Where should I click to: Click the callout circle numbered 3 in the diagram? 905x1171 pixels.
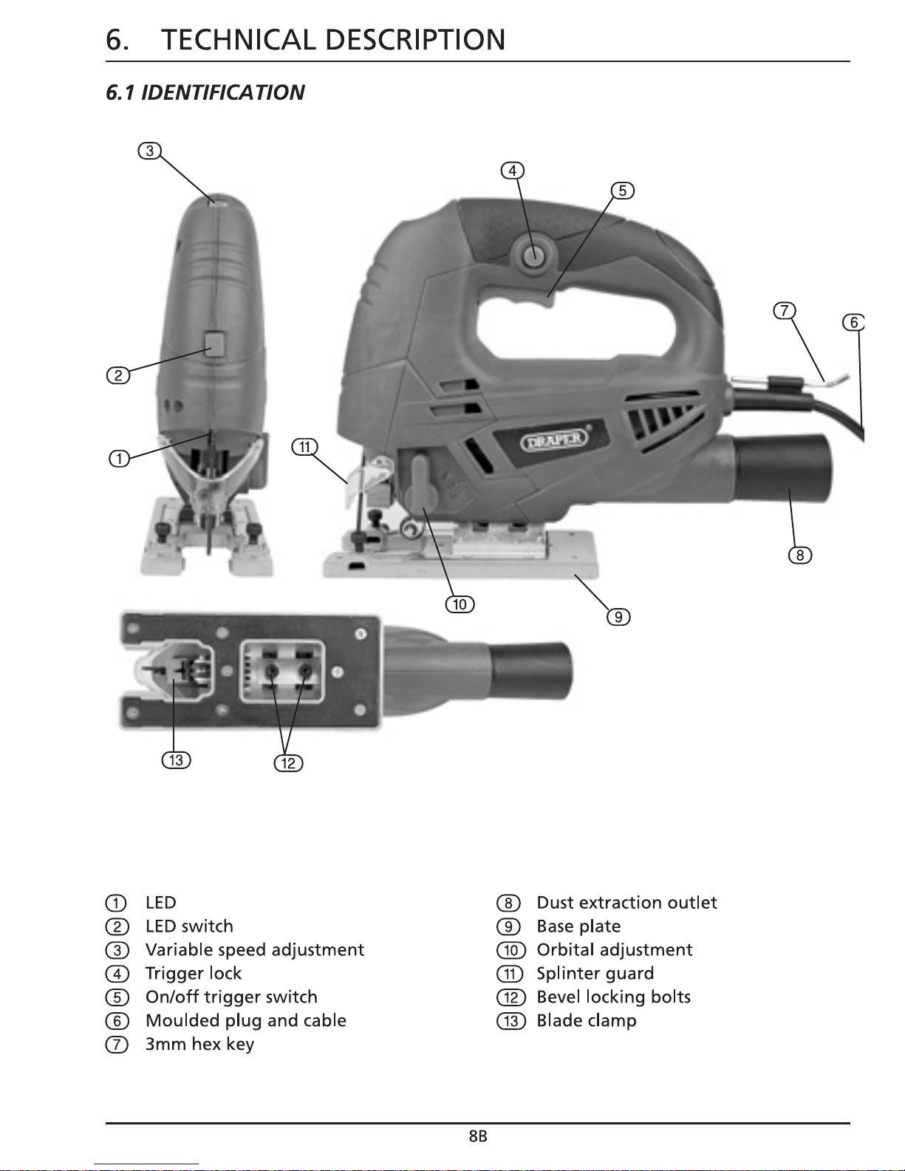150,151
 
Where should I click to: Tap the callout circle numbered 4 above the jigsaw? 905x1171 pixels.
512,171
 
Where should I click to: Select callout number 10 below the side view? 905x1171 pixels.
460,604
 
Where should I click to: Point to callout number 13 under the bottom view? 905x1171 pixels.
176,760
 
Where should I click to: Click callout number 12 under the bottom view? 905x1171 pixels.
289,763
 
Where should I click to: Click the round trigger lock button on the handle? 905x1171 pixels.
534,256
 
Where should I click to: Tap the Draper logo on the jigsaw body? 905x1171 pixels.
553,440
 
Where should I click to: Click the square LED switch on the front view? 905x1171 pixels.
214,344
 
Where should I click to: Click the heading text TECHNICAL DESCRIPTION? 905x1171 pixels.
333,40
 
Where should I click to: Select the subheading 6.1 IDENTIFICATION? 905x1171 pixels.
205,92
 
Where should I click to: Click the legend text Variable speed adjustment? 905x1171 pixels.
255,949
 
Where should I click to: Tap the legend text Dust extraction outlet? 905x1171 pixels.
626,903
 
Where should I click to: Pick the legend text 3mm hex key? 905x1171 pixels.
200,1045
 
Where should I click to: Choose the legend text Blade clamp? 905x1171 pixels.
587,1020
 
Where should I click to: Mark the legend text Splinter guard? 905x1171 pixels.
595,973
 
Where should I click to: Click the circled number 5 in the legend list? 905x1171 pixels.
117,997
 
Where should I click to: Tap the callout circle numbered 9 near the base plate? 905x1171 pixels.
618,617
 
